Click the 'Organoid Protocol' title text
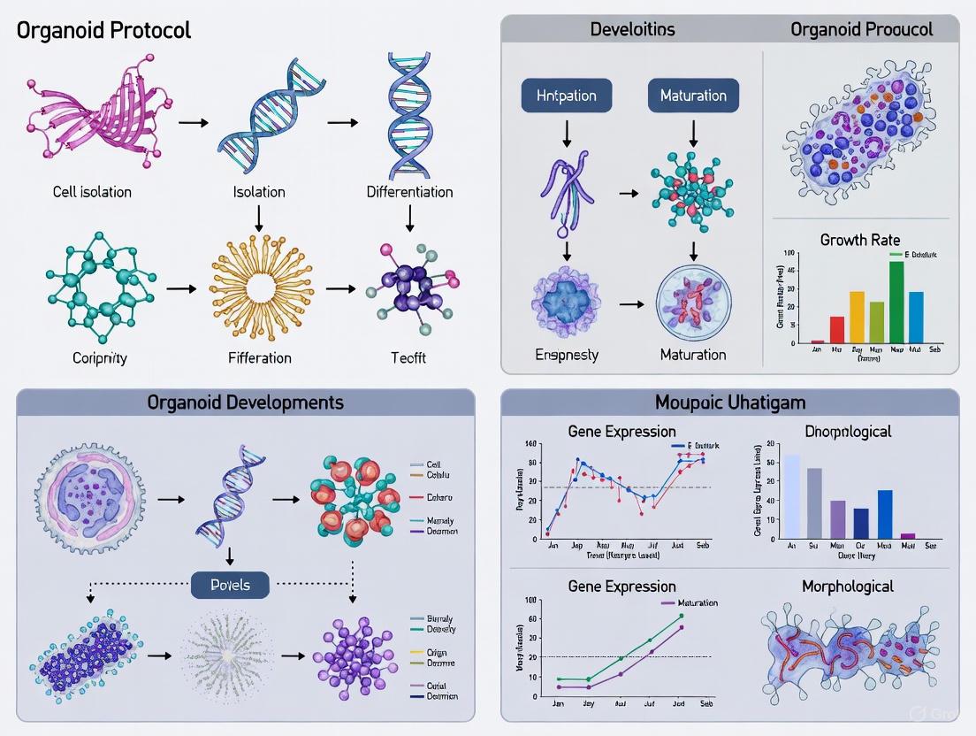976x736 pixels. [103, 30]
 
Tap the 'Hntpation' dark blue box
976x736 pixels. [566, 96]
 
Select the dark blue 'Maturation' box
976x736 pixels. [693, 96]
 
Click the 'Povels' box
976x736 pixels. [230, 585]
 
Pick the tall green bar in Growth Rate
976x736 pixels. [896, 302]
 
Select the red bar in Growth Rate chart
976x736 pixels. [836, 329]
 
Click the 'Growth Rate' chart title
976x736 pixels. [860, 239]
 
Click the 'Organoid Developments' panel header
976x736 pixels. [246, 402]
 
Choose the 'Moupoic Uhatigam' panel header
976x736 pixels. [729, 402]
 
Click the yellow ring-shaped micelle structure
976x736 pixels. [258, 289]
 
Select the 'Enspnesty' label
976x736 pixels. [566, 355]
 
